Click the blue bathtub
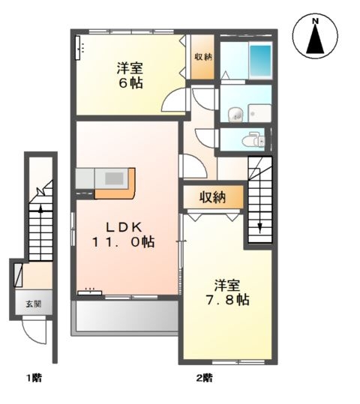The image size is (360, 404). [x=260, y=61]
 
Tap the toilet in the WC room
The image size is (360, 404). [x=253, y=139]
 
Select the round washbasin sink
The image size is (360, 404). [x=235, y=114]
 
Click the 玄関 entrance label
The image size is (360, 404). [x=34, y=304]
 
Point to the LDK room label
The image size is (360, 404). [x=124, y=227]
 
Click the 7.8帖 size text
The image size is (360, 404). [x=227, y=300]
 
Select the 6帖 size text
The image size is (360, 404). [x=130, y=82]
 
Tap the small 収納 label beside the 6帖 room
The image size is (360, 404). [x=203, y=56]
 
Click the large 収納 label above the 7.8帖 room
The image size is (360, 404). [x=212, y=197]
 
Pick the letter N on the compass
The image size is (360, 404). [x=315, y=22]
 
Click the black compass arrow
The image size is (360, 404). [x=315, y=40]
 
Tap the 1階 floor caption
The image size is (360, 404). [x=34, y=378]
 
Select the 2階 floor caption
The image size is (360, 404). [x=205, y=378]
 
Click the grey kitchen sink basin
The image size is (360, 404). [x=114, y=178]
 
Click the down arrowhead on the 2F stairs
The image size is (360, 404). [x=260, y=228]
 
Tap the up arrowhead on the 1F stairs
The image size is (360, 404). [x=40, y=209]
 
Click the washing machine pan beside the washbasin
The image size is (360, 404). [x=259, y=113]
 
